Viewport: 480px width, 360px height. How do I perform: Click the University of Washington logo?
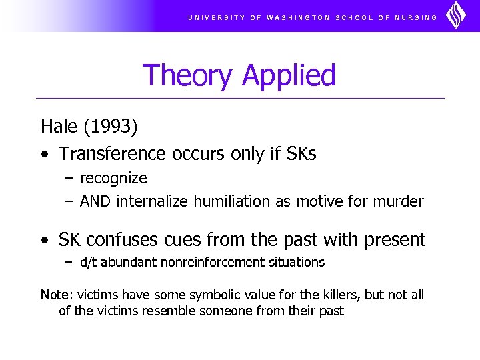coord(456,15)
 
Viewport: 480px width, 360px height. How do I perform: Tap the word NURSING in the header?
coord(416,18)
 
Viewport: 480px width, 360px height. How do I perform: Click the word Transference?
coord(111,154)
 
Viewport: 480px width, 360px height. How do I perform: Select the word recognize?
coord(113,179)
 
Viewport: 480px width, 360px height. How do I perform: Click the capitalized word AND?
coord(95,201)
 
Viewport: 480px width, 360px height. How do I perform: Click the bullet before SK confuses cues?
coord(44,240)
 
